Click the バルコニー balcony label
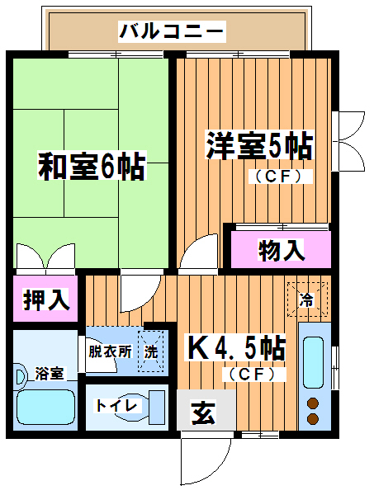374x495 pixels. coord(173,31)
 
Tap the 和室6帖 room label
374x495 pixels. coord(92,166)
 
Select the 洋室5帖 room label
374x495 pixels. coord(260,145)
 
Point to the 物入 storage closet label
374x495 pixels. coord(282,250)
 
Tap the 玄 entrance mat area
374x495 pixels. coord(204,412)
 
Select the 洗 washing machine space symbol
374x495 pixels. coord(151,351)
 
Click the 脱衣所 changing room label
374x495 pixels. coord(110,351)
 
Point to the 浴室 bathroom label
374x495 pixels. coord(50,374)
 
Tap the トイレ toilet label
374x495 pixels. coord(116,406)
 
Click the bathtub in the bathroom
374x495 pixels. coord(45,407)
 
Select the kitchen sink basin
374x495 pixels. coord(313,362)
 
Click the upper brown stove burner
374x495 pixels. coord(313,403)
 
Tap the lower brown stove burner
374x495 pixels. coord(313,418)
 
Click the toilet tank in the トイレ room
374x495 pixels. coord(157,408)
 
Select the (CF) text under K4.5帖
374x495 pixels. coord(253,375)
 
